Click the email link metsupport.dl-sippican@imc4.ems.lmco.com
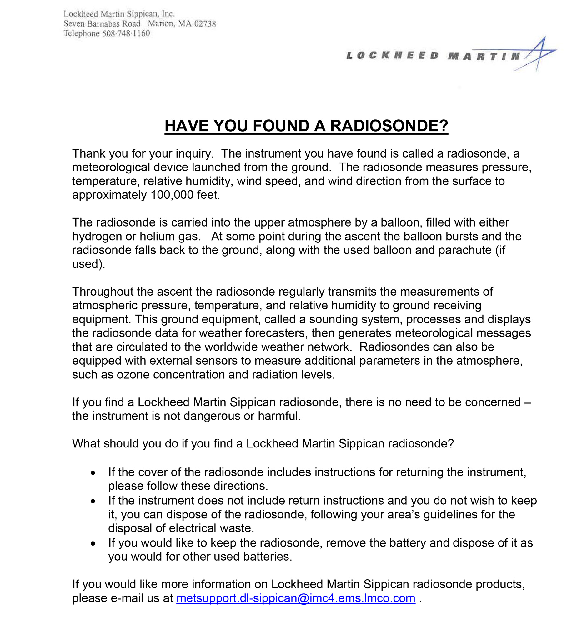point(296,598)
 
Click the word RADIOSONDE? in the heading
point(389,126)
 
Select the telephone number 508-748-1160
point(126,34)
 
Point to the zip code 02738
point(205,24)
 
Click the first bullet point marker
point(93,473)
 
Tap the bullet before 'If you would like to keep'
point(93,543)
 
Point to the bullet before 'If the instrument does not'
point(93,501)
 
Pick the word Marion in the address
point(160,24)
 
